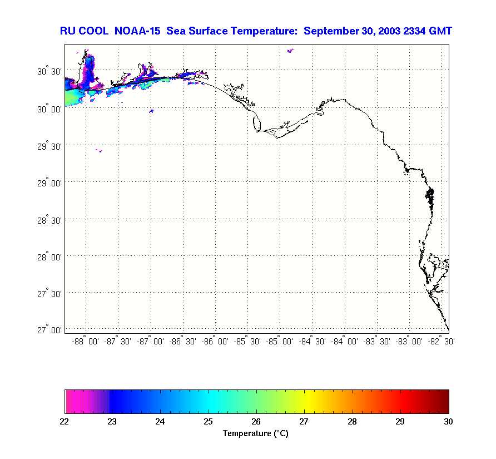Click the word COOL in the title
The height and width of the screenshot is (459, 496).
pyautogui.click(x=98, y=31)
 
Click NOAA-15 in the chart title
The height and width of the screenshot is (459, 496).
pyautogui.click(x=137, y=31)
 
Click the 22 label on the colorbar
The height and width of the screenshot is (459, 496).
pyautogui.click(x=65, y=422)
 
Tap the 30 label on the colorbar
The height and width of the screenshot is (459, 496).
pyautogui.click(x=448, y=422)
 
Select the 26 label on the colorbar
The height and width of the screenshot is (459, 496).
pyautogui.click(x=256, y=422)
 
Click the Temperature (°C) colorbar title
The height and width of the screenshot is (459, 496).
pyautogui.click(x=256, y=433)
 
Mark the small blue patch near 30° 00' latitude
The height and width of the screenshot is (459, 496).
pyautogui.click(x=151, y=111)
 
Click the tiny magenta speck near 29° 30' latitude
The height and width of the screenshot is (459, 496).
pyautogui.click(x=99, y=150)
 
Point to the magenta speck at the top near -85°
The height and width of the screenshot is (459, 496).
pyautogui.click(x=290, y=51)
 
